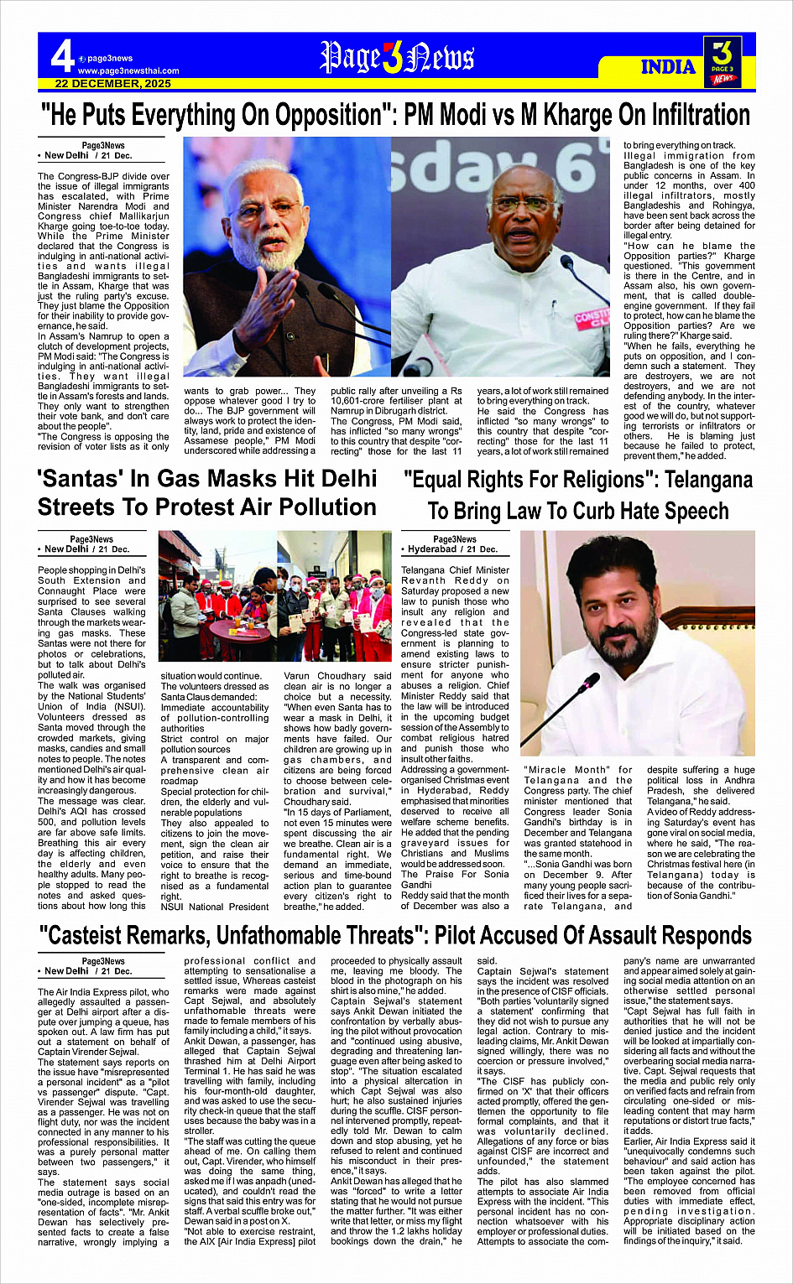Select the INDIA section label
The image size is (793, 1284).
click(668, 67)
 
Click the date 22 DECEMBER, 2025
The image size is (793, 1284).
click(113, 84)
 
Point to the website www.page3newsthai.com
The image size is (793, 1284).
click(128, 71)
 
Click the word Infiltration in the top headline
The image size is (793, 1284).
click(684, 115)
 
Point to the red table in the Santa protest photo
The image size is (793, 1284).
click(237, 632)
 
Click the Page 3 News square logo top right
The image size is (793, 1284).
click(723, 61)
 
